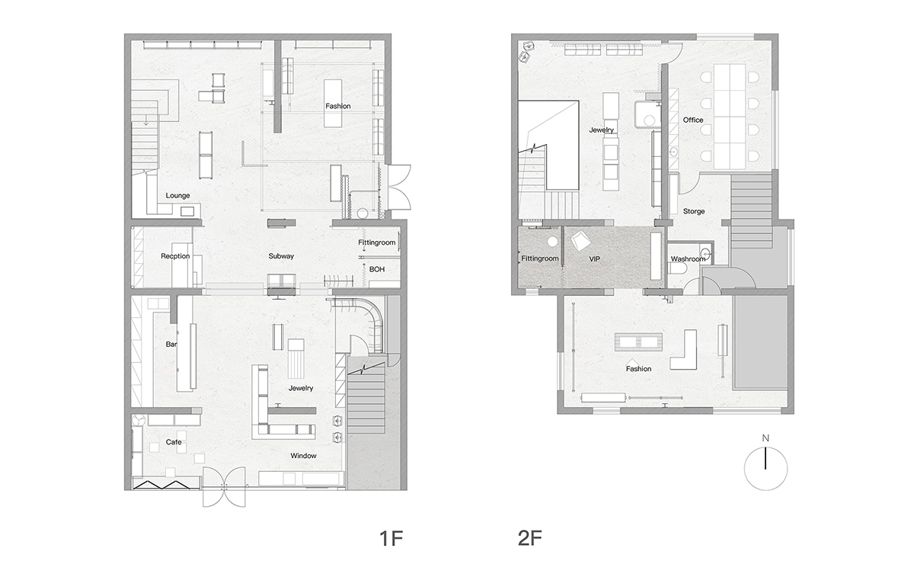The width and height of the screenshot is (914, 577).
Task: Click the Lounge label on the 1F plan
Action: click(x=177, y=196)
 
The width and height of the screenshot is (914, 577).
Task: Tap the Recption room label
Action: click(x=175, y=256)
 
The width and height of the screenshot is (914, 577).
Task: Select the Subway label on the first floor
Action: click(x=281, y=256)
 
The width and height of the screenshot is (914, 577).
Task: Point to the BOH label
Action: click(x=376, y=269)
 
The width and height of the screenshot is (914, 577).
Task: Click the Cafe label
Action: click(x=174, y=442)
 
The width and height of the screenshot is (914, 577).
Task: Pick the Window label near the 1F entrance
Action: click(x=303, y=456)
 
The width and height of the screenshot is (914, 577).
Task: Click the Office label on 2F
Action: click(x=693, y=120)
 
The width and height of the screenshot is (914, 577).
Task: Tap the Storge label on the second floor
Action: click(x=694, y=211)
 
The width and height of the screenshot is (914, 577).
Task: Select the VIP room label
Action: click(x=595, y=259)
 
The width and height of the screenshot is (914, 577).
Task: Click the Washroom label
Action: click(x=688, y=259)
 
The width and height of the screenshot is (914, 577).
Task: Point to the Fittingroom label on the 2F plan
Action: click(x=540, y=258)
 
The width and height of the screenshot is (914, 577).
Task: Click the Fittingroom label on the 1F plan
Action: click(x=376, y=242)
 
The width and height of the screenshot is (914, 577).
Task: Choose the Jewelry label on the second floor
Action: click(x=602, y=130)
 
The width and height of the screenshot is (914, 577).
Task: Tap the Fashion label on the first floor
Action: click(x=338, y=106)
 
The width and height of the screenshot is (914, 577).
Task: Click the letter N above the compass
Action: click(x=765, y=438)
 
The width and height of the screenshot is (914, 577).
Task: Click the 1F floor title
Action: click(x=391, y=539)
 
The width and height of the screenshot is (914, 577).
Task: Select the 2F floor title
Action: click(x=529, y=539)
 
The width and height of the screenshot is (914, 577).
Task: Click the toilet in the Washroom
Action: click(x=677, y=268)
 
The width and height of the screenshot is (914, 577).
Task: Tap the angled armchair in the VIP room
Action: click(x=580, y=241)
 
